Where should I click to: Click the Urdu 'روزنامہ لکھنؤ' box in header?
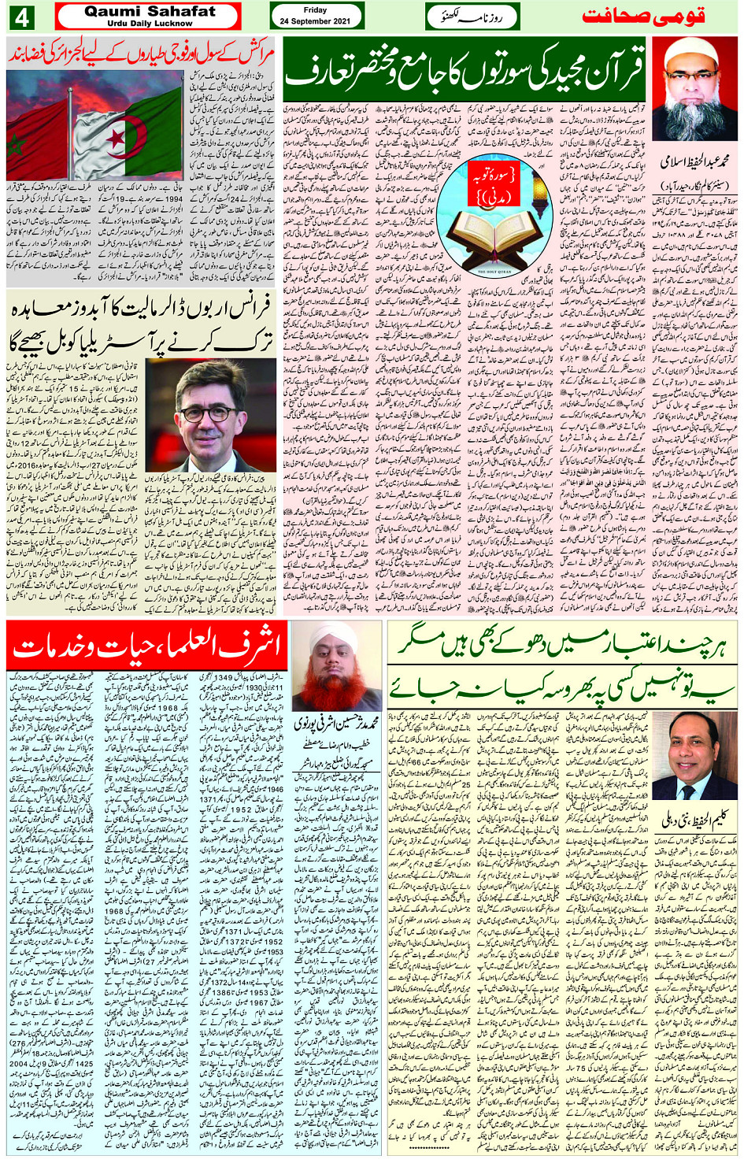click(x=472, y=17)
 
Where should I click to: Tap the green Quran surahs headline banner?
click(x=465, y=70)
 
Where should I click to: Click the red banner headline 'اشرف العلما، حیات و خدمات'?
click(x=146, y=646)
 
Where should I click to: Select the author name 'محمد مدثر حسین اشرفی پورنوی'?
click(x=337, y=721)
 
